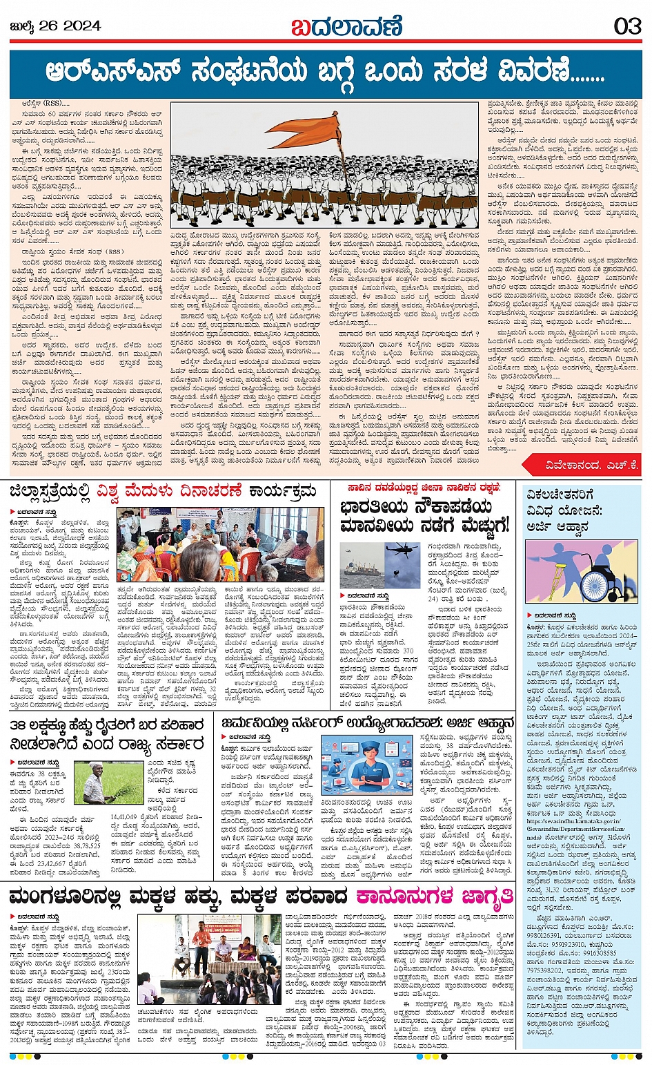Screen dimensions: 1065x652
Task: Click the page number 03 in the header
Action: tap(627, 26)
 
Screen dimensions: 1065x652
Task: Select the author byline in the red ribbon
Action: tap(580, 465)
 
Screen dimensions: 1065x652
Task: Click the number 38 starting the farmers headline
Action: tap(19, 725)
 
